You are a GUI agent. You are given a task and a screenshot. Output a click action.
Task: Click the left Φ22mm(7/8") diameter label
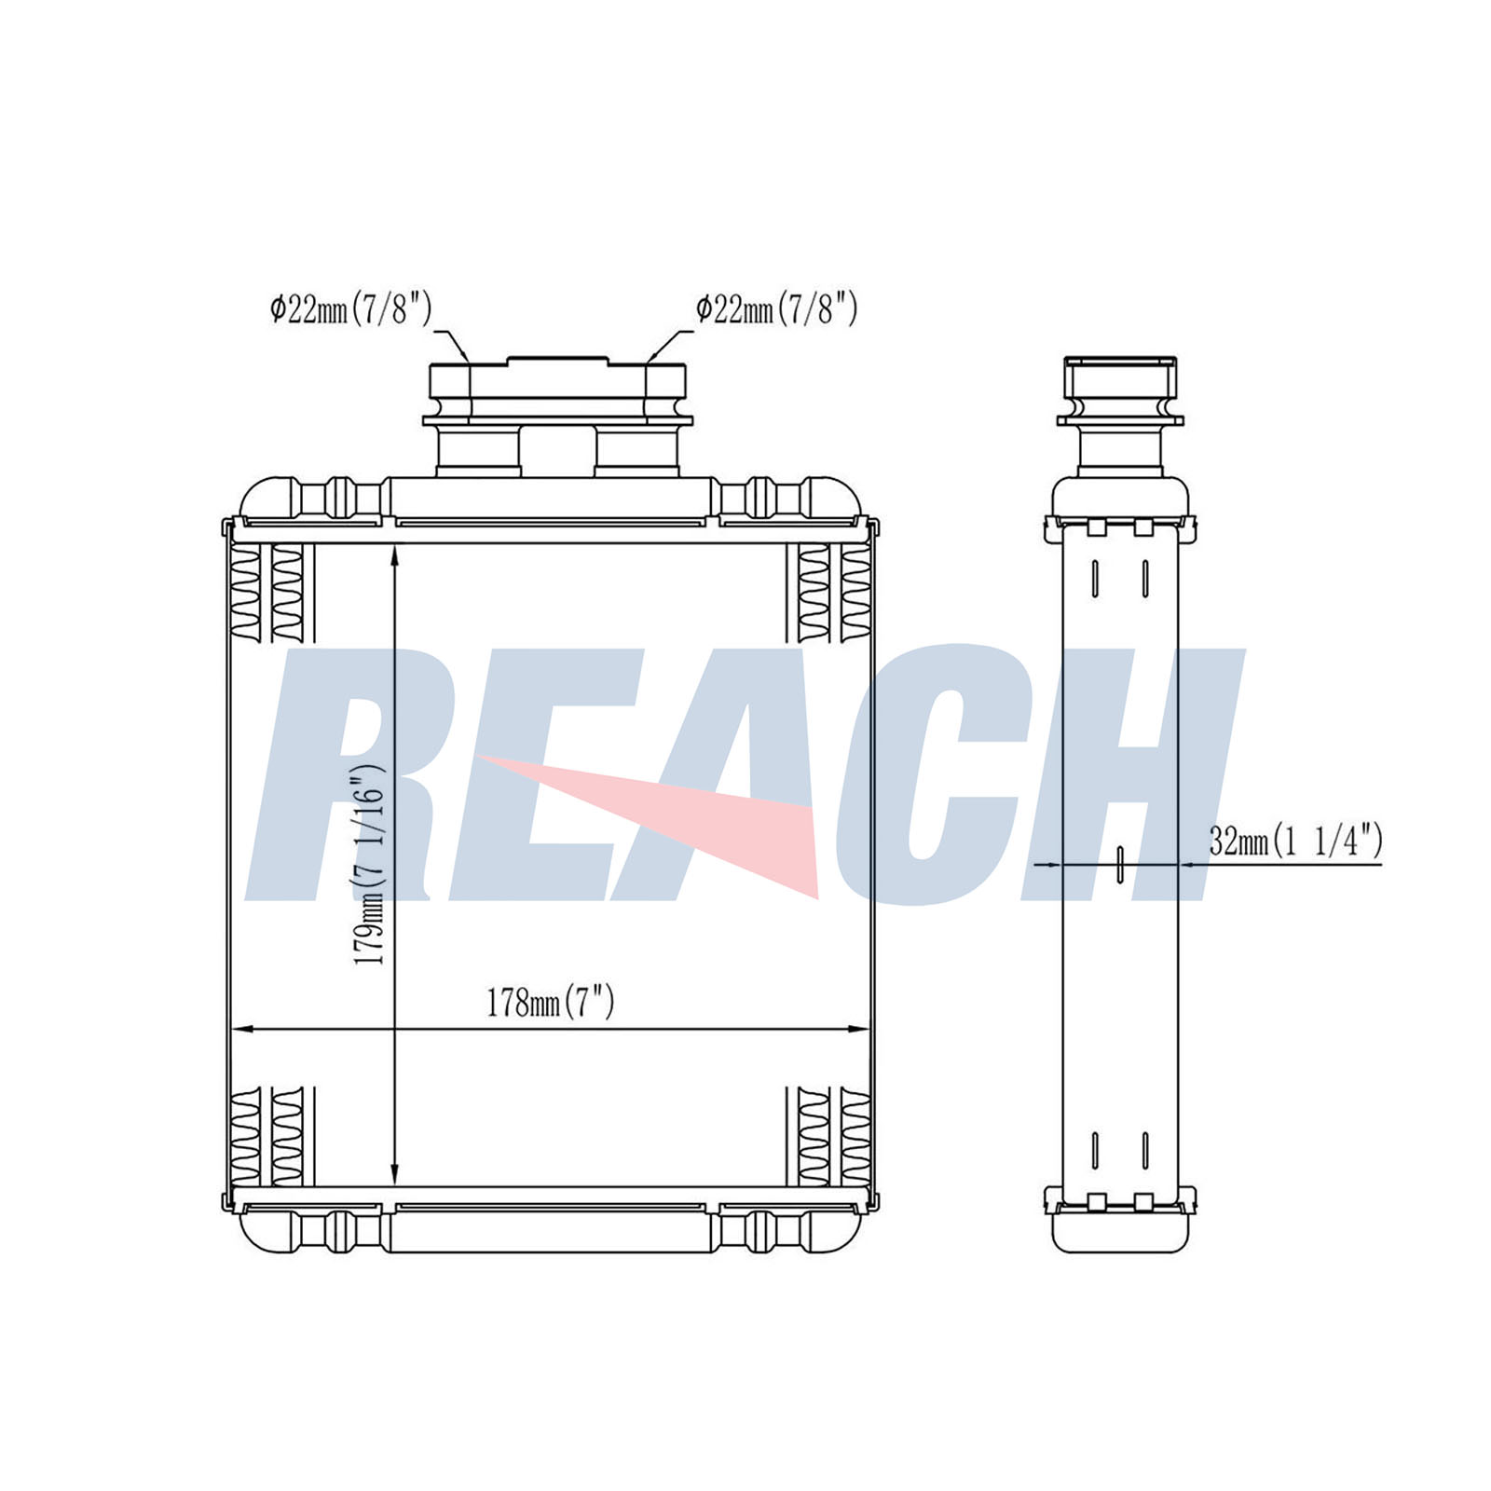(351, 308)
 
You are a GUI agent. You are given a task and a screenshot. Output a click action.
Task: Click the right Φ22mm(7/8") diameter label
(777, 308)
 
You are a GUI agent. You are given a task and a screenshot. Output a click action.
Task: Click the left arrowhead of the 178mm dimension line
(241, 1030)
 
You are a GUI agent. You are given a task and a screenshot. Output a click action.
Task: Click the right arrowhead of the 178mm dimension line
(857, 1030)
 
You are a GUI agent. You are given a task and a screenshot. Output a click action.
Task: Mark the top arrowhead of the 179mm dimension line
(395, 557)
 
